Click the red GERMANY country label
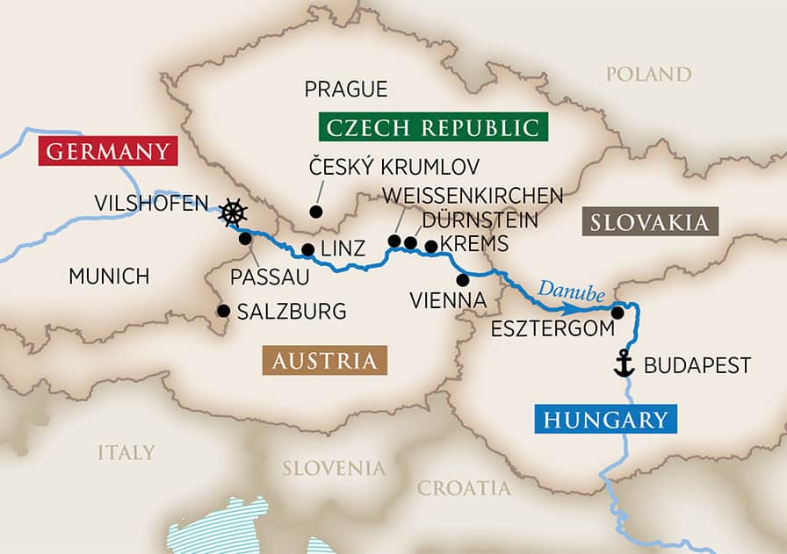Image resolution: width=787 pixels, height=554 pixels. point(107,151)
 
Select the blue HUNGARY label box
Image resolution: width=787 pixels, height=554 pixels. point(605,420)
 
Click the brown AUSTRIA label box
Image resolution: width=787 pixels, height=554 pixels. point(324,361)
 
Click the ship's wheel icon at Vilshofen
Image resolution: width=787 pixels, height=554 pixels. point(233,212)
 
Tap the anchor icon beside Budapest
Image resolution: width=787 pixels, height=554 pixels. point(624,363)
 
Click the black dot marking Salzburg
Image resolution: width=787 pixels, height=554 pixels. point(223,311)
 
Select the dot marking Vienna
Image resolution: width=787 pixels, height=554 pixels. point(463,279)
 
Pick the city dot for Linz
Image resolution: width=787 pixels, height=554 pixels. point(307,249)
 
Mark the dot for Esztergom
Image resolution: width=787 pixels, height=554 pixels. point(618,313)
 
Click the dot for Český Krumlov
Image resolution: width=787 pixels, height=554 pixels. point(314,212)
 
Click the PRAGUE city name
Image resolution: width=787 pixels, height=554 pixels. point(345,89)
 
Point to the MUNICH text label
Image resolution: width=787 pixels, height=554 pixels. point(109,277)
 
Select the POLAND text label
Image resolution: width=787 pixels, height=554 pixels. point(648,74)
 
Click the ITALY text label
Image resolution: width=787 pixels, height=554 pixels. point(126,453)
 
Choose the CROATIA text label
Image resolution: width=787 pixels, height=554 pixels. point(464,488)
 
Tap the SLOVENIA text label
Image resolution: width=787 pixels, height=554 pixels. point(333,468)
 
